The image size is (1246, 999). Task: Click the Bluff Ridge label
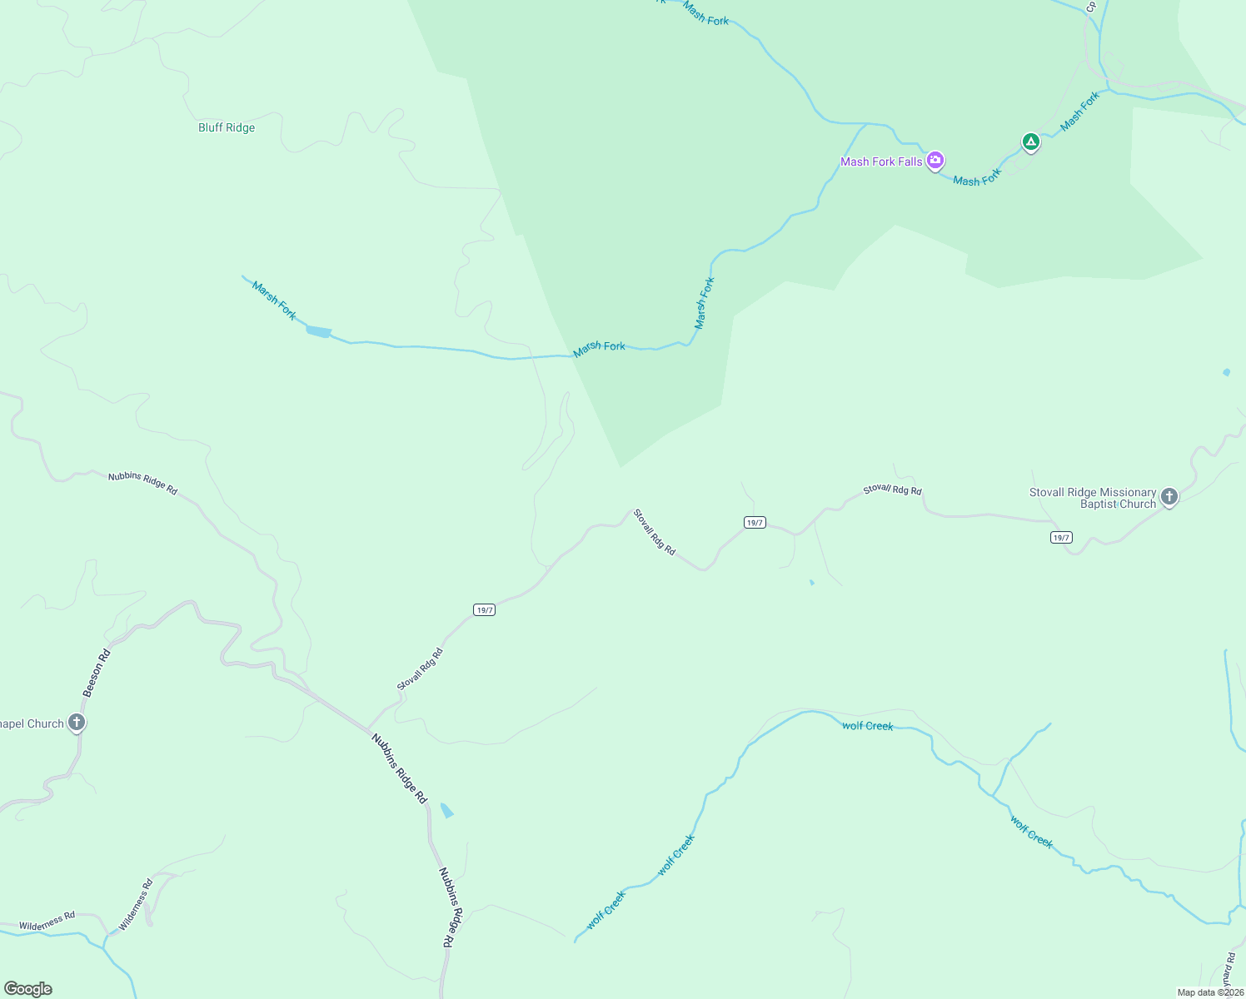[x=227, y=127]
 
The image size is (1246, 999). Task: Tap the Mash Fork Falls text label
[x=881, y=162]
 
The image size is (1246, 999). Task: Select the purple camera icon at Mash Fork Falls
[x=935, y=160]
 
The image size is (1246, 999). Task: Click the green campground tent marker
[x=1031, y=142]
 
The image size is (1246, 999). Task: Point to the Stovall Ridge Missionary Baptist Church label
[x=1093, y=498]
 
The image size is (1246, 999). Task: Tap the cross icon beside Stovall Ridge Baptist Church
[x=1169, y=497]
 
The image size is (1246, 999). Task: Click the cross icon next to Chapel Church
[x=77, y=722]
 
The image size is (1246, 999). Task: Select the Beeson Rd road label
[x=96, y=673]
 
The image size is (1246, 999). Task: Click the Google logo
[x=28, y=989]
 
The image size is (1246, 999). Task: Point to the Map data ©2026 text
[x=1209, y=992]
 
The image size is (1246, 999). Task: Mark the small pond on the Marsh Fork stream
[x=319, y=332]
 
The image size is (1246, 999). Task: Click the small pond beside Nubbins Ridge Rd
[x=447, y=810]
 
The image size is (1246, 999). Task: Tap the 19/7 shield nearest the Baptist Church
[x=1061, y=538]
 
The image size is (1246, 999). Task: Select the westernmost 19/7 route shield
[x=485, y=610]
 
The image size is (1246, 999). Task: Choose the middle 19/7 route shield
[x=755, y=523]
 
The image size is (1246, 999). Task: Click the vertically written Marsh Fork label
[x=705, y=303]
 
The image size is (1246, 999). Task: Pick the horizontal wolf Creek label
[x=867, y=726]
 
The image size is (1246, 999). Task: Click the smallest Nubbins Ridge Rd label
[x=142, y=483]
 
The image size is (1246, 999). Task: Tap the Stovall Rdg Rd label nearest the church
[x=892, y=490]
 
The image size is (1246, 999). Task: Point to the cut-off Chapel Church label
[x=32, y=723]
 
